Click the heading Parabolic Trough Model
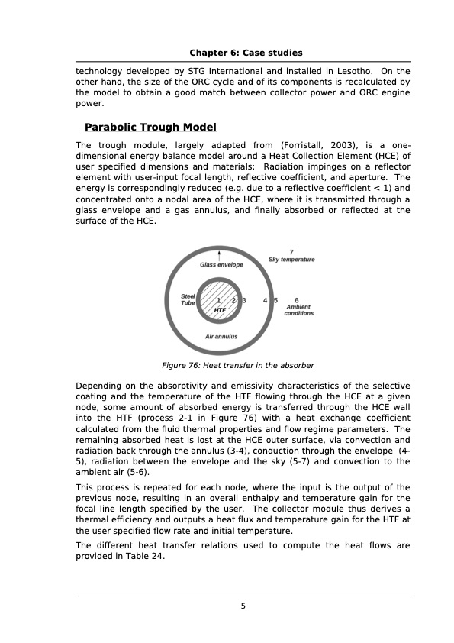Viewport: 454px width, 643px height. [150, 127]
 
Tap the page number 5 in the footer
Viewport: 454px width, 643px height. [243, 606]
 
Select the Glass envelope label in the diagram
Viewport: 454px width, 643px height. [221, 265]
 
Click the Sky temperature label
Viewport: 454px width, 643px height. [291, 260]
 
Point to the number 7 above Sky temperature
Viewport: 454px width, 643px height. [291, 252]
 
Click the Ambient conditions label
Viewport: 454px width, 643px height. [298, 310]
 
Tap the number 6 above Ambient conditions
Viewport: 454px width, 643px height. [296, 300]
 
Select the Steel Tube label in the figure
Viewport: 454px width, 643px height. [188, 299]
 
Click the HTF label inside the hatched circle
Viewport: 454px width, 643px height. [220, 311]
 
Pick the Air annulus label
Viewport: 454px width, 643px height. [221, 336]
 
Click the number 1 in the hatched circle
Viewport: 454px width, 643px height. [218, 301]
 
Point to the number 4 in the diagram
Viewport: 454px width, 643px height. [265, 301]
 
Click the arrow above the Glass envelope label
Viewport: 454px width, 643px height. [220, 254]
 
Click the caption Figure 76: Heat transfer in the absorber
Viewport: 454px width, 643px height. [238, 365]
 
